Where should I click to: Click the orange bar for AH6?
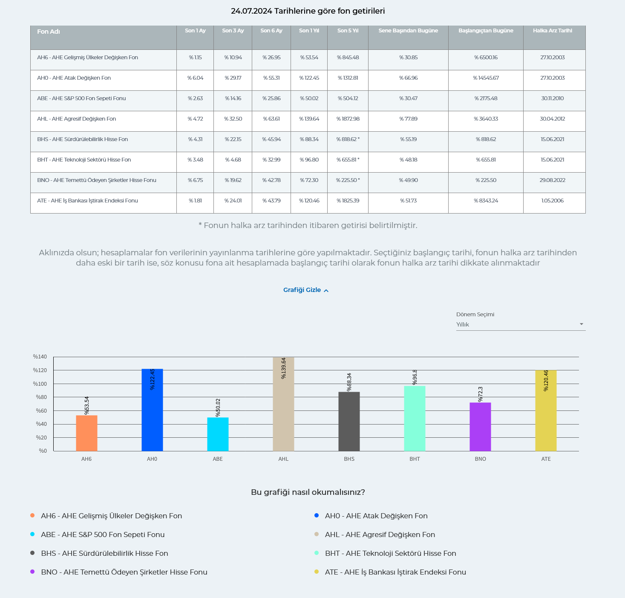[86, 433]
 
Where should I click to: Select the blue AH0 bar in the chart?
[152, 410]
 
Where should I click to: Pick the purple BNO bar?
[480, 427]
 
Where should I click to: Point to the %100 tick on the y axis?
[40, 384]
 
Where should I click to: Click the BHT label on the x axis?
[415, 459]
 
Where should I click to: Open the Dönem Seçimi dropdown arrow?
[581, 324]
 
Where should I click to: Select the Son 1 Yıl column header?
[309, 31]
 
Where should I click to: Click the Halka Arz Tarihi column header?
[552, 31]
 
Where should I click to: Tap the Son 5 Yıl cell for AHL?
[348, 119]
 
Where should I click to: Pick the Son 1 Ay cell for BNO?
[195, 180]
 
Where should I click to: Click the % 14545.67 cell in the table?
[486, 78]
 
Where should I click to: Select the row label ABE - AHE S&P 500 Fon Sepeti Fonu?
[81, 98]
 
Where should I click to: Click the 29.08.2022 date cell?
[552, 180]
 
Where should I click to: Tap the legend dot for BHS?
[32, 553]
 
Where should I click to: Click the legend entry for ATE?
[395, 572]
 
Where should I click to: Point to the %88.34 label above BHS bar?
[349, 382]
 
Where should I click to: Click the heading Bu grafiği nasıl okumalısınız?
[308, 492]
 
